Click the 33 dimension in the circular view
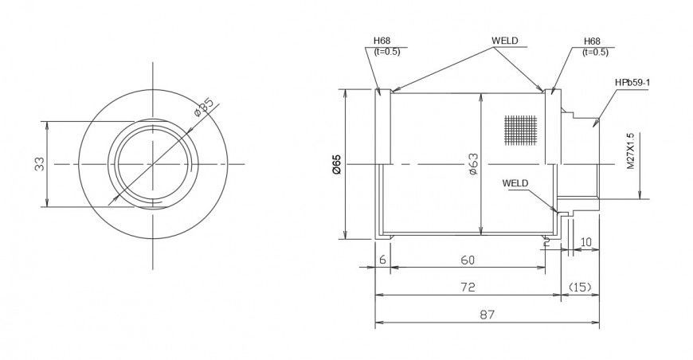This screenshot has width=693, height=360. (x=38, y=164)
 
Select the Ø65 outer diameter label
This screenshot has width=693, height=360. (x=335, y=163)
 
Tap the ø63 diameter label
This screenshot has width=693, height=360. (x=472, y=163)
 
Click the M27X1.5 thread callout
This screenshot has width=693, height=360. (x=630, y=151)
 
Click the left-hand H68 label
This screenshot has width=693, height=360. (x=382, y=41)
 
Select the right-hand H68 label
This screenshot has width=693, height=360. (x=592, y=41)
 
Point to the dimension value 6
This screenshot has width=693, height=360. (x=382, y=260)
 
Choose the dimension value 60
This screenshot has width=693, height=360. (x=468, y=260)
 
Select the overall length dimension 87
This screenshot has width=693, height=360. (x=487, y=315)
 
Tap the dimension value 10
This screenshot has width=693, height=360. (x=586, y=241)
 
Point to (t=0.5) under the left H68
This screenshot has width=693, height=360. (x=386, y=52)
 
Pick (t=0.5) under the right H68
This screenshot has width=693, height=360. (x=596, y=52)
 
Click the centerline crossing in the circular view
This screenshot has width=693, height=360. (x=151, y=164)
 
